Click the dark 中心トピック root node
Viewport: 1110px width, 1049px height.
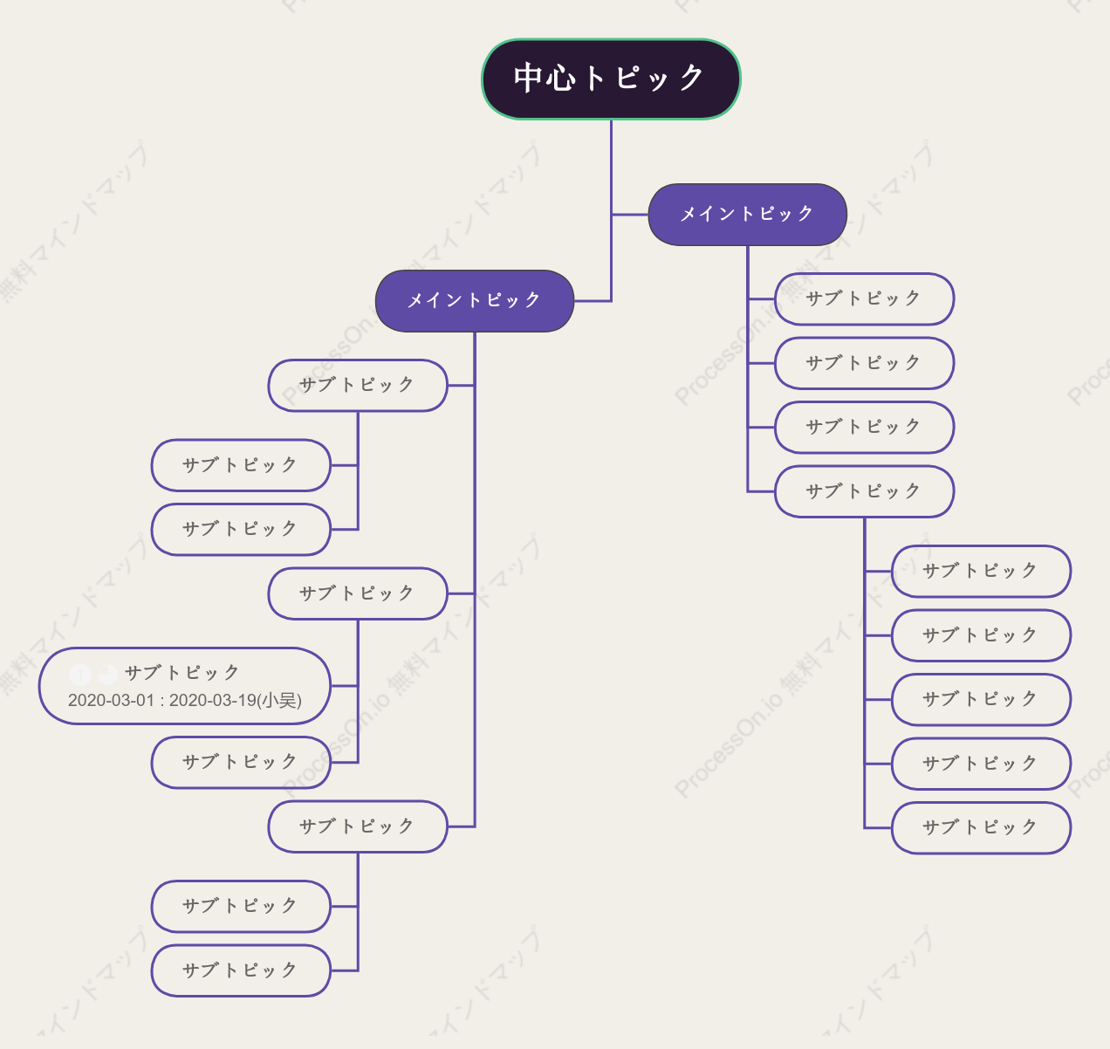click(x=611, y=79)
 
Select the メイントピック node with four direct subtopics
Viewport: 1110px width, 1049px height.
click(x=747, y=214)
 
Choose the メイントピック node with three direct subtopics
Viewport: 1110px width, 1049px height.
click(x=475, y=301)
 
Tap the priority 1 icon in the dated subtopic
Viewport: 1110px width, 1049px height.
click(x=80, y=674)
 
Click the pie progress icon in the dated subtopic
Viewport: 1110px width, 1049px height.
click(x=107, y=674)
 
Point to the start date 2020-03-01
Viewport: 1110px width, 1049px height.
click(x=111, y=700)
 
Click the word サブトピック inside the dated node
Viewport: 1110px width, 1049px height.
click(x=182, y=673)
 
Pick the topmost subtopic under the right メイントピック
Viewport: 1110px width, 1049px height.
click(x=864, y=298)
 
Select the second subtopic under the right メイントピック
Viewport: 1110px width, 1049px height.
click(x=864, y=363)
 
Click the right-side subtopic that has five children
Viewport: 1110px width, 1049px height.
click(x=864, y=491)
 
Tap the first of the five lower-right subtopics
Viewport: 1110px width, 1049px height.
click(x=981, y=571)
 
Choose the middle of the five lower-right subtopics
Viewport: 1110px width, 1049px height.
click(x=981, y=699)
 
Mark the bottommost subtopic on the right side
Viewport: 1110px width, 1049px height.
click(x=981, y=827)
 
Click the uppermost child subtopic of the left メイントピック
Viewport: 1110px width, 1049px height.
click(x=358, y=385)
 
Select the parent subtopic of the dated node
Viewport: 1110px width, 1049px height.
click(x=358, y=593)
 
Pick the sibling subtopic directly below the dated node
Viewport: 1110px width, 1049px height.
click(x=241, y=762)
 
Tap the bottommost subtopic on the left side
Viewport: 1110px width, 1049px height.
click(x=241, y=970)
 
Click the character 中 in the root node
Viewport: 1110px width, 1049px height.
click(x=529, y=78)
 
